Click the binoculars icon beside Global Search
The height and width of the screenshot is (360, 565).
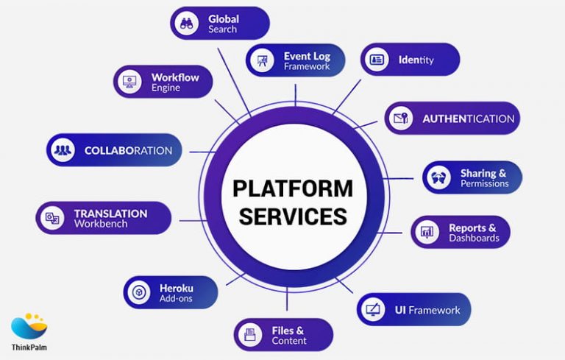coord(187,24)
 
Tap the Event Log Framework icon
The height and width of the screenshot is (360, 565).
coord(261,61)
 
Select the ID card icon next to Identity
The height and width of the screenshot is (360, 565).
coord(377,60)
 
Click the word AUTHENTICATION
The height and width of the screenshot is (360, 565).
coord(468,119)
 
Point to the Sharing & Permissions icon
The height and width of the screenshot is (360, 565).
coord(439,178)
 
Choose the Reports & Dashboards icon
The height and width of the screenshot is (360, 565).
coord(427,233)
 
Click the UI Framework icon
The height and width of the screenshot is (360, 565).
coord(373,310)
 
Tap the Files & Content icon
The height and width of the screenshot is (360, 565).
coord(250,335)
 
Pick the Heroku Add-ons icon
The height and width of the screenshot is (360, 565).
coord(138,292)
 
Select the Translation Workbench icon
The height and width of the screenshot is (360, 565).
coord(52,218)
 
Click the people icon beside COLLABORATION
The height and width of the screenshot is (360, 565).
coord(63,150)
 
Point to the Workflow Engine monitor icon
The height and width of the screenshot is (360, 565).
coord(129,82)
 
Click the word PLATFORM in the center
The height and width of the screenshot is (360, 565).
coord(293,189)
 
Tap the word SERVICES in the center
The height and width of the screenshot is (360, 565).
coord(293,216)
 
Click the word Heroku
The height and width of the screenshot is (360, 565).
coord(177,287)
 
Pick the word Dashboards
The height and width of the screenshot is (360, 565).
coord(474,239)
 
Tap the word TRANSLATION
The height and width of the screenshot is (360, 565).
coord(110,213)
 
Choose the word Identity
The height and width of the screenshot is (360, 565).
coord(416,60)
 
